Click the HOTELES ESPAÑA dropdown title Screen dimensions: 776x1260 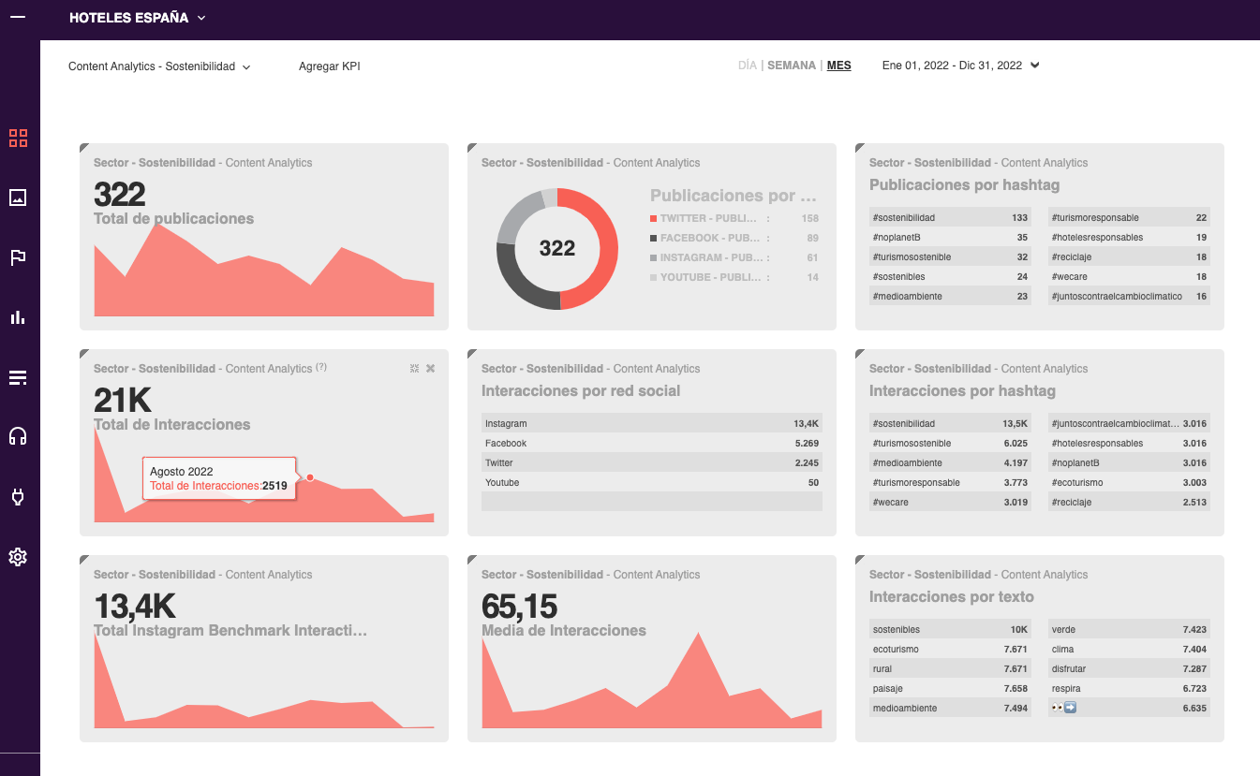[137, 18]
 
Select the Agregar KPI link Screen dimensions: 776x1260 [329, 66]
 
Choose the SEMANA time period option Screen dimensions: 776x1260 [792, 66]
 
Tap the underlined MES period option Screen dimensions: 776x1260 [838, 66]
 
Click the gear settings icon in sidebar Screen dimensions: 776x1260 [18, 557]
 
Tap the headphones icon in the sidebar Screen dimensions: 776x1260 [18, 436]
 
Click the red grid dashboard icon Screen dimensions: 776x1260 [18, 139]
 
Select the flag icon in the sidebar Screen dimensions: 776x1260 [18, 257]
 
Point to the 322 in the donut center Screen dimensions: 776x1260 [556, 248]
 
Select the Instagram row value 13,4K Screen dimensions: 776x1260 [806, 424]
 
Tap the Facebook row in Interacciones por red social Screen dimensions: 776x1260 [651, 444]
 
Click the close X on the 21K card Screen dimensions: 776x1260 [430, 369]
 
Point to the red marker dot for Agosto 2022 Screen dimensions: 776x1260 [310, 477]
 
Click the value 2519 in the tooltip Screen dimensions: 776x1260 [274, 486]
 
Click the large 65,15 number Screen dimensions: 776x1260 [519, 607]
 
